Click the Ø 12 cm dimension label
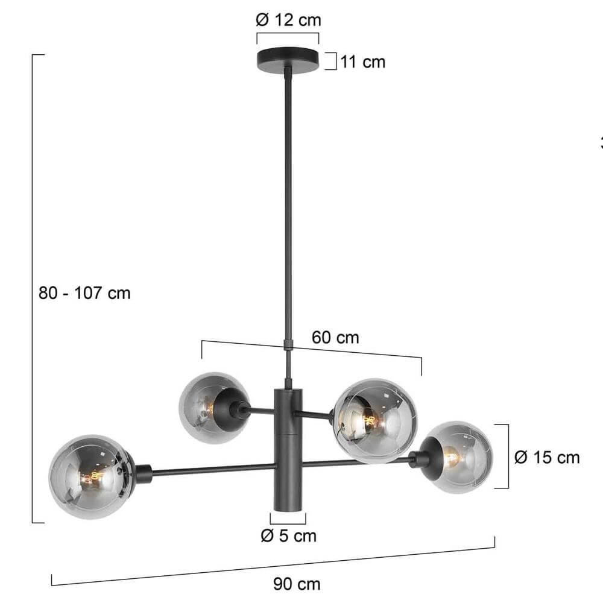pyautogui.click(x=288, y=20)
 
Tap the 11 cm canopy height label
pyautogui.click(x=362, y=62)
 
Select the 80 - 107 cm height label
pyautogui.click(x=84, y=293)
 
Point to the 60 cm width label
pyautogui.click(x=335, y=338)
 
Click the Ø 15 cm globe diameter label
pyautogui.click(x=547, y=457)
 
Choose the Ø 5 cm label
pyautogui.click(x=288, y=535)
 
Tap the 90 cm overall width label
pyautogui.click(x=297, y=584)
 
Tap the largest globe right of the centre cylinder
pyautogui.click(x=375, y=420)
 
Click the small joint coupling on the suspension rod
pyautogui.click(x=288, y=344)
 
